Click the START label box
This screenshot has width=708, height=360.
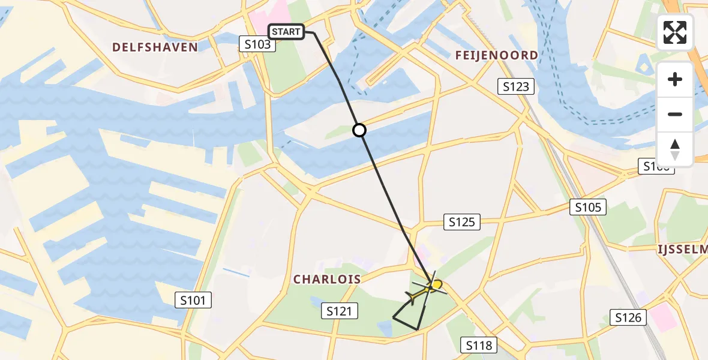pos(286,32)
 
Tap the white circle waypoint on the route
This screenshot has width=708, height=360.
pos(359,130)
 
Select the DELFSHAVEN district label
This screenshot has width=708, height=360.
pos(155,47)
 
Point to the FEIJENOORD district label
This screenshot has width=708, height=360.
pos(496,55)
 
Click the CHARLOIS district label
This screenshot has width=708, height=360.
pos(327,279)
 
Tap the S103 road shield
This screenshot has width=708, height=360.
pos(257,44)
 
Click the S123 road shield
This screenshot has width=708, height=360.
pos(516,87)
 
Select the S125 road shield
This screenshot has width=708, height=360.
pos(462,223)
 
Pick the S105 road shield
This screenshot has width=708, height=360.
pos(588,208)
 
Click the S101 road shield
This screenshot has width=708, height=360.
pos(193,300)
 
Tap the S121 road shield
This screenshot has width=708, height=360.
pos(341,311)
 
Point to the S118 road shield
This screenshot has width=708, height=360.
pos(479,345)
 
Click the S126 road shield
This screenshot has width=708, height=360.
pos(628,317)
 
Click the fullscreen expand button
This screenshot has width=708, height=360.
pos(675,32)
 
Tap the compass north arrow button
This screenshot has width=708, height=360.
pos(675,149)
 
